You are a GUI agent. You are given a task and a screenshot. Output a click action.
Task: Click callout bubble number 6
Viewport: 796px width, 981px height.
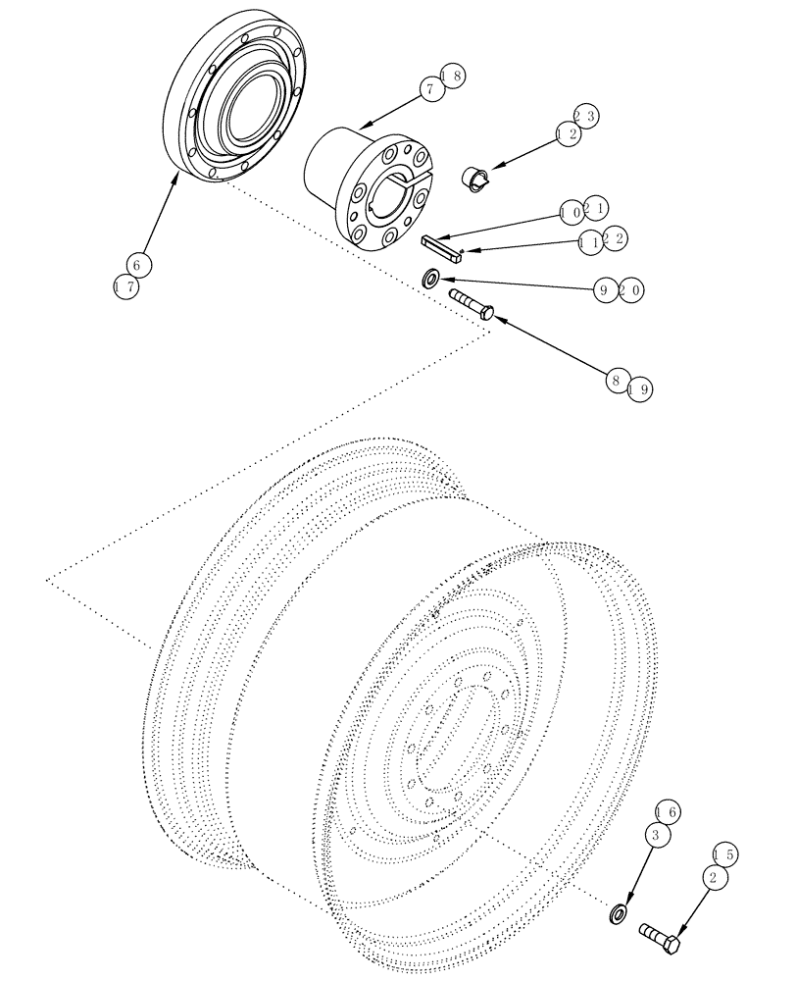tap(139, 265)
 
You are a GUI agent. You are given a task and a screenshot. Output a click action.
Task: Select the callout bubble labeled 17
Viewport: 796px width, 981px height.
tap(124, 287)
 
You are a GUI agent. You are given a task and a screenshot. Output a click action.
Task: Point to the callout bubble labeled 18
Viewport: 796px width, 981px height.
tap(452, 77)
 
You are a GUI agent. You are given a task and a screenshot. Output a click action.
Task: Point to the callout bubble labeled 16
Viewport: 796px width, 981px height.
tap(667, 812)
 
